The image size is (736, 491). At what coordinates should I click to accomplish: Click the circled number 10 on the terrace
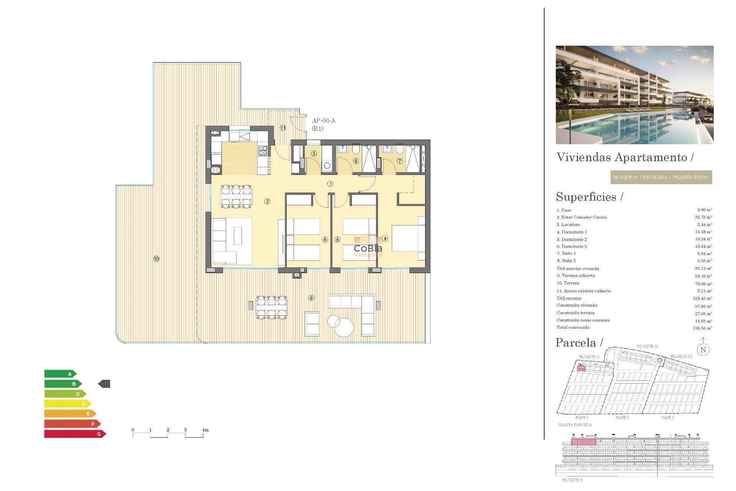pyautogui.click(x=156, y=259)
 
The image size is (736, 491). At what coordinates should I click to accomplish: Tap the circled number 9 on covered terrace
pyautogui.click(x=311, y=298)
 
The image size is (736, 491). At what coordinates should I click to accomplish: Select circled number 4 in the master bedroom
pyautogui.click(x=385, y=239)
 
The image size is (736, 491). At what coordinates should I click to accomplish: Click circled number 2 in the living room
pyautogui.click(x=267, y=201)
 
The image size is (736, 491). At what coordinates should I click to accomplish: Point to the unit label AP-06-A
pyautogui.click(x=324, y=121)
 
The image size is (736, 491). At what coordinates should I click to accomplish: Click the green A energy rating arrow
pyautogui.click(x=60, y=374)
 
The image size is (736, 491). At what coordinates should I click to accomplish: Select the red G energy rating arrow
pyautogui.click(x=75, y=434)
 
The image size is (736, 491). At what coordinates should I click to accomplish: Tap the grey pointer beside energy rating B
pyautogui.click(x=104, y=384)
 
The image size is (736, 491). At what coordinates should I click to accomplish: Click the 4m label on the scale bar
pyautogui.click(x=205, y=430)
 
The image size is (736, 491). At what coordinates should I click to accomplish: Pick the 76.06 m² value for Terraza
pyautogui.click(x=703, y=284)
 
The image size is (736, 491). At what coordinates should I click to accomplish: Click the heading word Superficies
pyautogui.click(x=586, y=197)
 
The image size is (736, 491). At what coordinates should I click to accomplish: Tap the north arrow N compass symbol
pyautogui.click(x=703, y=349)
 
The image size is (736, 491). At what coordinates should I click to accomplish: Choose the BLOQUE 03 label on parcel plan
pyautogui.click(x=681, y=356)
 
